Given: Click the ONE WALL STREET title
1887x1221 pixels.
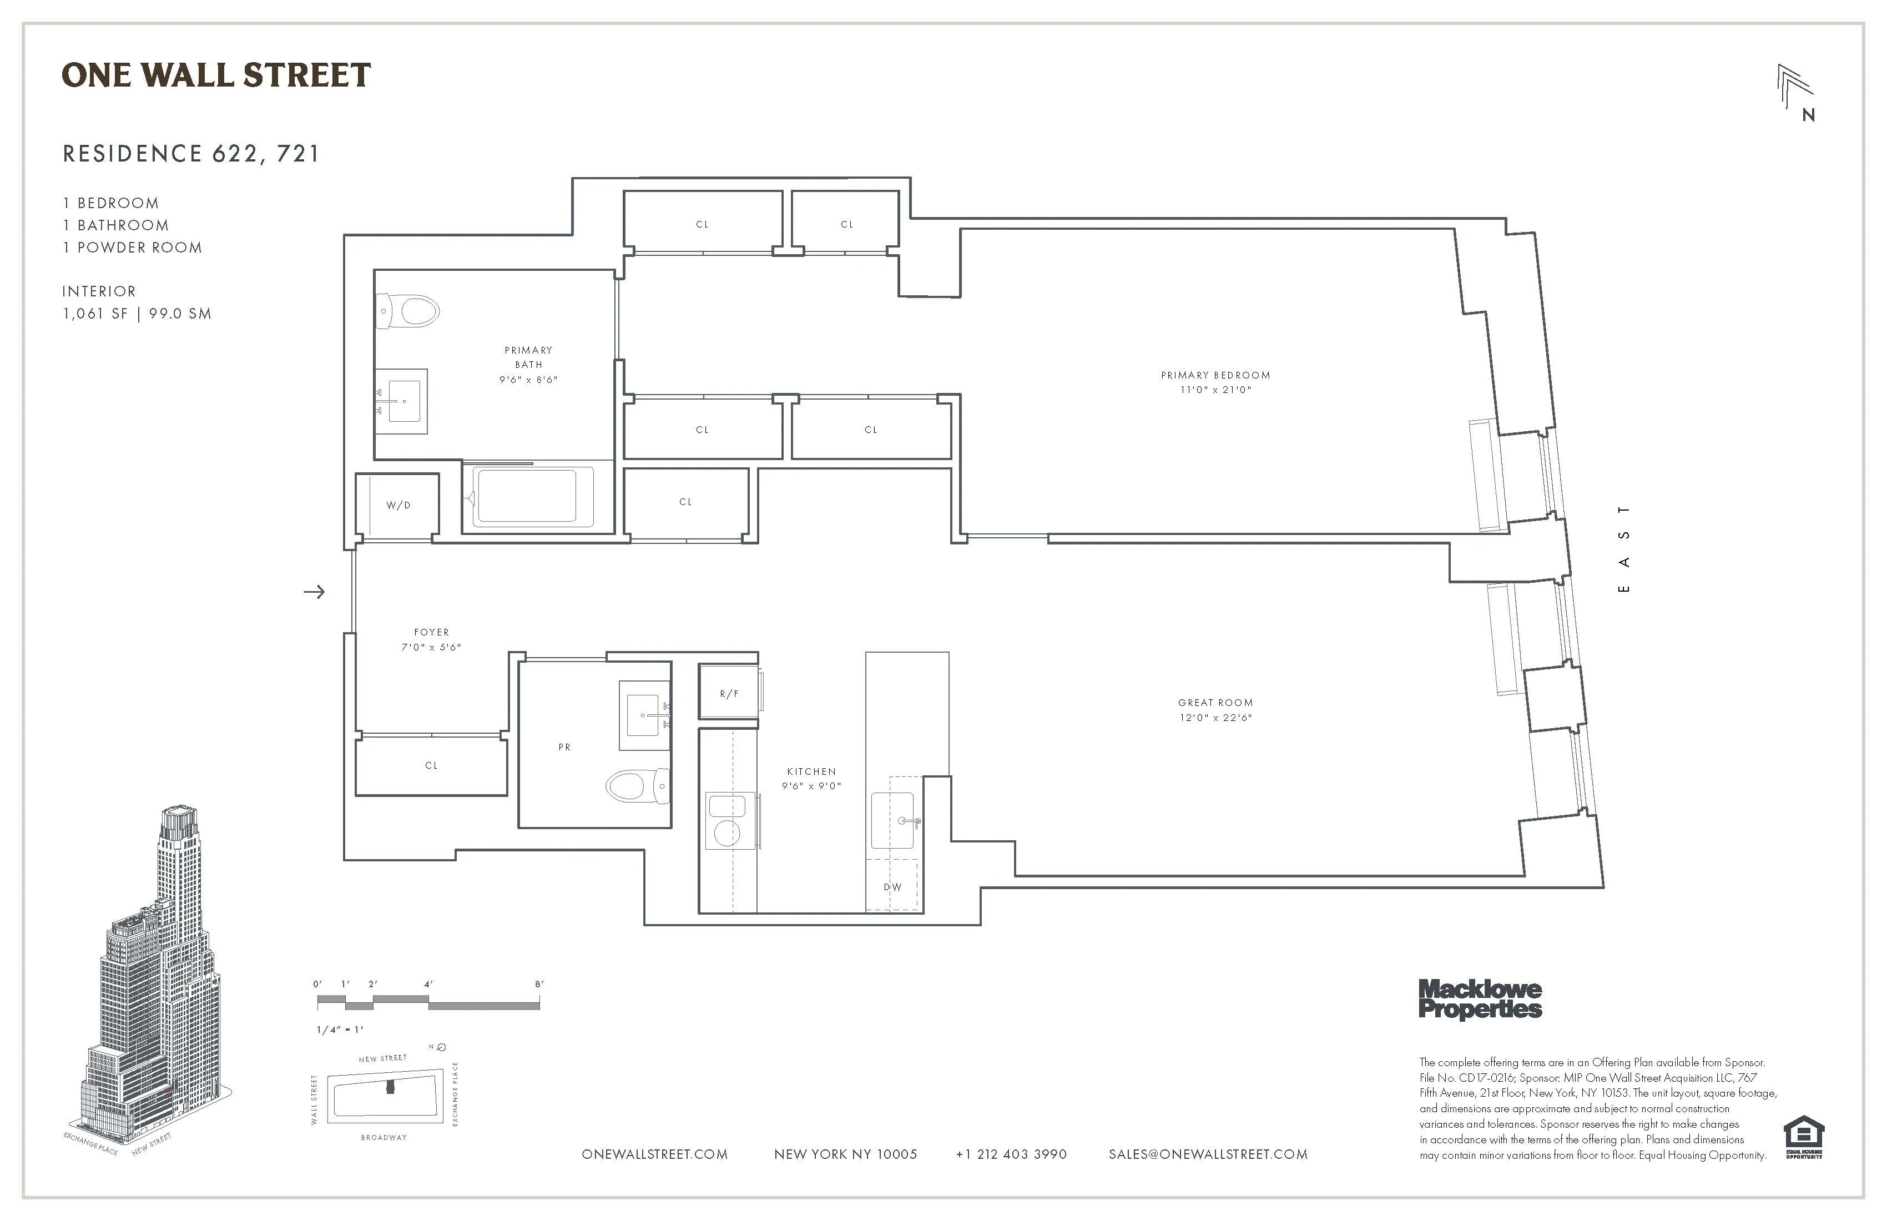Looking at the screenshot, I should pos(216,75).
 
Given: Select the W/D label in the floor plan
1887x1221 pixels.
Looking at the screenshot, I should pos(398,505).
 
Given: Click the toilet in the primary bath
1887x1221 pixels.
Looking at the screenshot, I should pos(409,311).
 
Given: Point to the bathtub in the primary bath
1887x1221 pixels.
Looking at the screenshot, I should pos(527,497).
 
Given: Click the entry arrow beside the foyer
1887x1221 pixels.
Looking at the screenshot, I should pos(314,592).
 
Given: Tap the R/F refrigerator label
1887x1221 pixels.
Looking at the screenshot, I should pos(729,694).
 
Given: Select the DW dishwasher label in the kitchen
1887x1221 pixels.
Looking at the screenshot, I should pos(893,886).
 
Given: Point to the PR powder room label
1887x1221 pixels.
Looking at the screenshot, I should pos(564,747).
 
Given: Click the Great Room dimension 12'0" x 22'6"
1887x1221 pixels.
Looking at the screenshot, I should pos(1215,718).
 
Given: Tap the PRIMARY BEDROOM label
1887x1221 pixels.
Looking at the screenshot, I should pos(1215,375).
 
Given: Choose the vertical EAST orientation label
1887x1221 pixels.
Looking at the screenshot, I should pos(1624,549).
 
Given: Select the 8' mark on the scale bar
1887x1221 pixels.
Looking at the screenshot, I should pos(539,985).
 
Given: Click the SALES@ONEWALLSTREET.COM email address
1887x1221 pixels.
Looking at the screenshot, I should pos(1208,1154).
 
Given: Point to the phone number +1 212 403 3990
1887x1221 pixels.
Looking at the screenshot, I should pos(1011,1154).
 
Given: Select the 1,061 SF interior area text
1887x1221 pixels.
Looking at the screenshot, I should pos(95,313).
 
